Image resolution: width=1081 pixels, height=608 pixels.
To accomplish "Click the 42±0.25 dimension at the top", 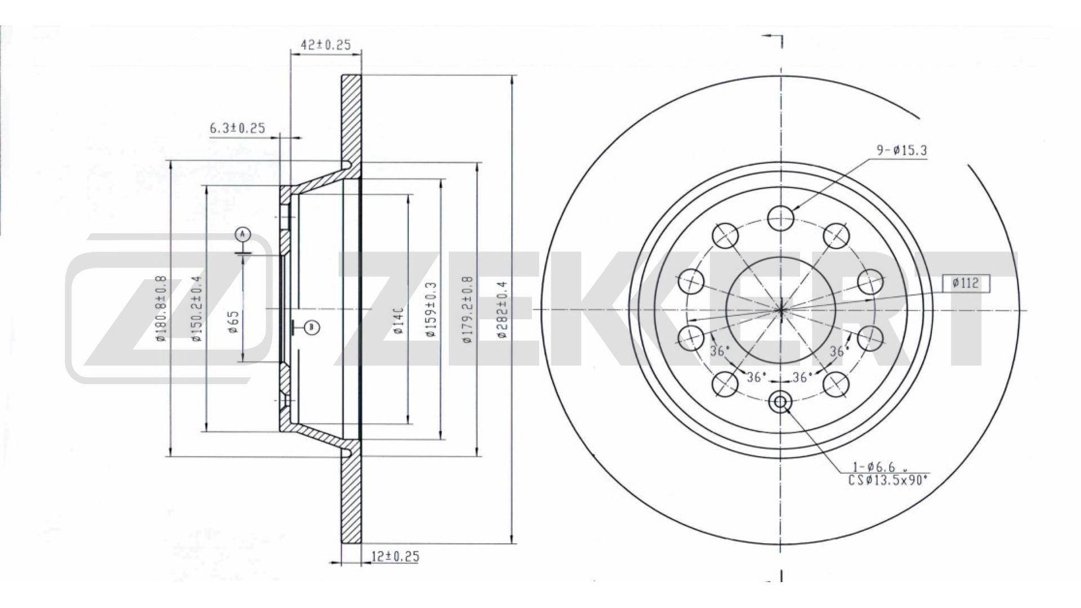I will coord(326,46).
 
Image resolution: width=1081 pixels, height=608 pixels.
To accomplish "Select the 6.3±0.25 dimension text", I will coord(237,128).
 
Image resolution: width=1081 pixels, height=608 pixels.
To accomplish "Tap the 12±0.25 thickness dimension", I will coord(395,557).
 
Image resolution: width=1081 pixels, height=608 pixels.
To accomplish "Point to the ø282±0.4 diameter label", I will coord(503,310).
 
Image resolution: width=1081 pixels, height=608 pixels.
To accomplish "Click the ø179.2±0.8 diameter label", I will coord(467,310).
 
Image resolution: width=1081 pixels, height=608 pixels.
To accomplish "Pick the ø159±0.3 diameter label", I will coord(432,310).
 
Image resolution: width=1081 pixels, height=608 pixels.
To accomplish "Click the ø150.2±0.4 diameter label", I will coord(196,309).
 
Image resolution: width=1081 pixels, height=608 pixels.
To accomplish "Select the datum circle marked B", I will coord(313,327).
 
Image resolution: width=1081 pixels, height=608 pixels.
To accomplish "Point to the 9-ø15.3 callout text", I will coord(901,151).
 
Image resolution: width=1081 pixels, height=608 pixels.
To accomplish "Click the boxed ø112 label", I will coord(966,284).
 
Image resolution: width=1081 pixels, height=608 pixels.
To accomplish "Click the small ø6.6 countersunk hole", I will coord(781,402).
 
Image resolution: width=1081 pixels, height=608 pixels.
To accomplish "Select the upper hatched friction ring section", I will coord(351,118).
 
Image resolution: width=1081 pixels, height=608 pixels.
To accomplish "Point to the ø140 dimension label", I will coord(397,321).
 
